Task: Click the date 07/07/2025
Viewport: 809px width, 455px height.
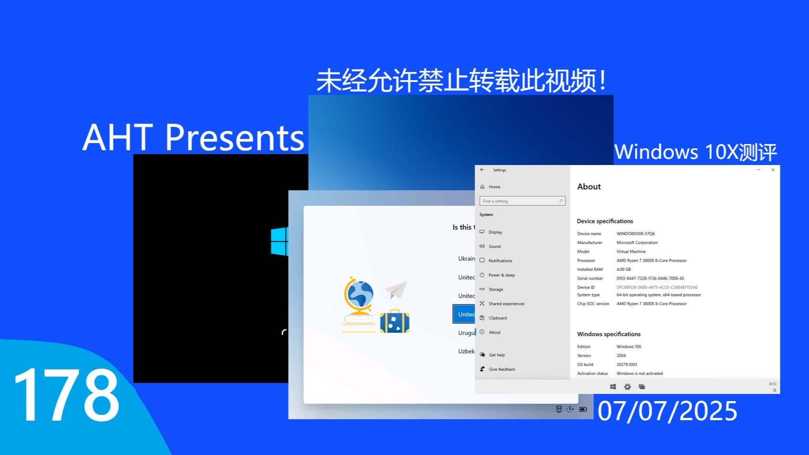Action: pos(667,411)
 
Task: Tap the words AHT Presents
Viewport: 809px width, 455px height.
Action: pos(193,137)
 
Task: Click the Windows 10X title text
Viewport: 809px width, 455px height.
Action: pos(695,152)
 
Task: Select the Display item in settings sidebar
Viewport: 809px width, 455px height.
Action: pos(495,232)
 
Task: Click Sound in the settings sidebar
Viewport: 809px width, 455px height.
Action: pos(494,247)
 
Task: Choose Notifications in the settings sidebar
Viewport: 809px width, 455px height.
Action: pos(500,261)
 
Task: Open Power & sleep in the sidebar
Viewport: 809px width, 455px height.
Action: pos(501,275)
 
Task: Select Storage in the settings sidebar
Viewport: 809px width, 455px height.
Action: pos(496,290)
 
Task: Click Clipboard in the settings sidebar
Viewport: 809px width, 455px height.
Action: pos(498,318)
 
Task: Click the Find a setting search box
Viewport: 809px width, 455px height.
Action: pos(522,201)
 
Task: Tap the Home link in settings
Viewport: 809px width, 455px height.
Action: pos(494,187)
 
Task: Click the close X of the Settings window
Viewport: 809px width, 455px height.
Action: pos(773,170)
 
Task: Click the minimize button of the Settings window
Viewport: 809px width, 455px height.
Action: pos(758,170)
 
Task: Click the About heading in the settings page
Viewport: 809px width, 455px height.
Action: pos(589,187)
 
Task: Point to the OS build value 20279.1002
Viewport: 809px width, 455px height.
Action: pos(626,364)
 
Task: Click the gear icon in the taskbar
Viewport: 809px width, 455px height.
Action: pos(627,387)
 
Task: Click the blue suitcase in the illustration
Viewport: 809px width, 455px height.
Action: pos(394,321)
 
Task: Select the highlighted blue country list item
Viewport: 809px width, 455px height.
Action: pos(464,314)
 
